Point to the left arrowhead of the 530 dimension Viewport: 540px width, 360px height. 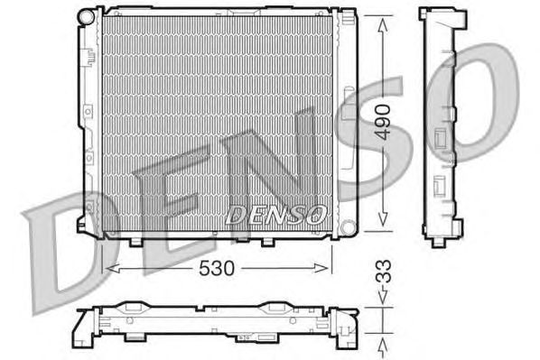pos(111,267)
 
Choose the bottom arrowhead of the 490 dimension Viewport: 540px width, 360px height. pos(384,222)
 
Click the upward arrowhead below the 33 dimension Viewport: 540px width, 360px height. pos(385,344)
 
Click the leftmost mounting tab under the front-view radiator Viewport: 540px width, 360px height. pos(136,240)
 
